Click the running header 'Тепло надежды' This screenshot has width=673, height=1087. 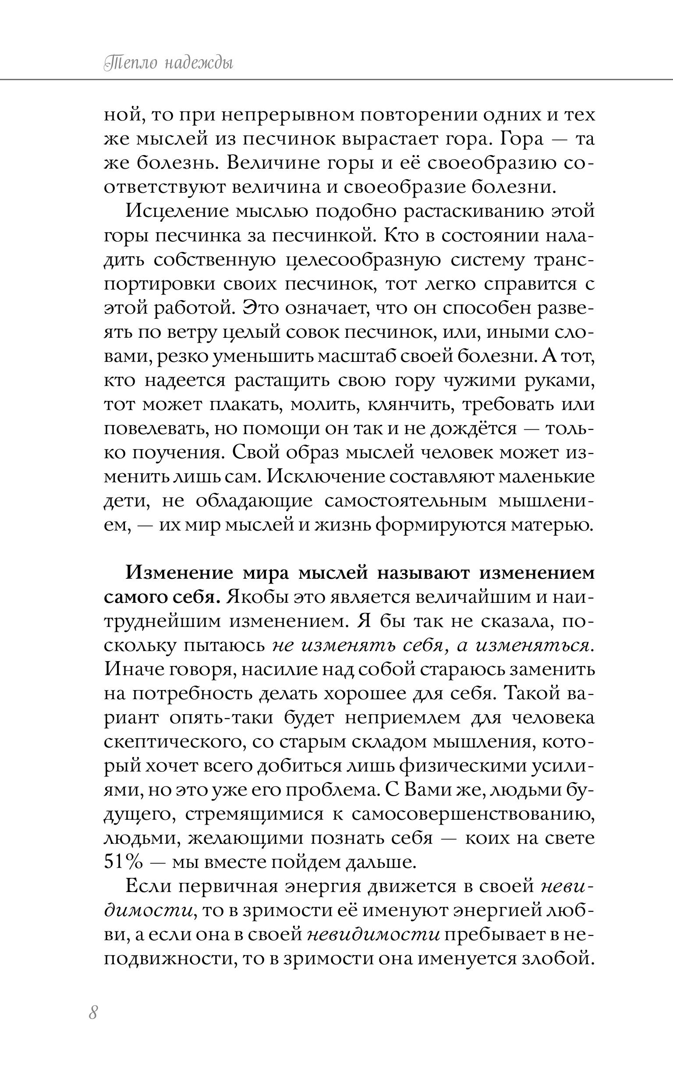pyautogui.click(x=168, y=63)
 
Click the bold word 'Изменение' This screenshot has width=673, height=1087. pyautogui.click(x=179, y=573)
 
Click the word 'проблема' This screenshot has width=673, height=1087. pyautogui.click(x=329, y=790)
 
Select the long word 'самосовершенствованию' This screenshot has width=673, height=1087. pyautogui.click(x=473, y=814)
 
